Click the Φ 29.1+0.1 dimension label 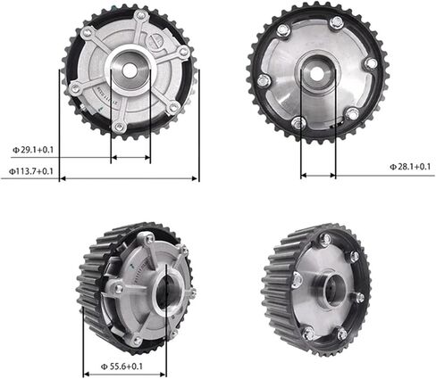tap(33, 150)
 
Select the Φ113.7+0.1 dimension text tap(31, 171)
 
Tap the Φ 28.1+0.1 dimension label tap(410, 167)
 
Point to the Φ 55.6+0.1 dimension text tap(122, 367)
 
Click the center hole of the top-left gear tap(129, 70)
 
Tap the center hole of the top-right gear tap(316, 73)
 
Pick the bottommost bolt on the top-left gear tap(119, 127)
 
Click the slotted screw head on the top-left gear tap(156, 40)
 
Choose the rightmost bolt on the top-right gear tap(371, 64)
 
